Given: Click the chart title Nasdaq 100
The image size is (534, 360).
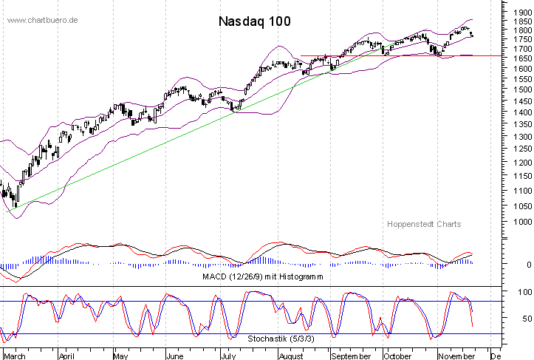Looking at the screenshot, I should (x=254, y=21).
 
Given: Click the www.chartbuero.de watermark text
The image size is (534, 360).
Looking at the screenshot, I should (x=43, y=19).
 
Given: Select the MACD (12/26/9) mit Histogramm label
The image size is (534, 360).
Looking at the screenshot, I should (x=262, y=276).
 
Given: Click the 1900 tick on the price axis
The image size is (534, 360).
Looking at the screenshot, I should (x=518, y=12).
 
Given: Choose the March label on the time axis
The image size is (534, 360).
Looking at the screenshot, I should (x=15, y=356).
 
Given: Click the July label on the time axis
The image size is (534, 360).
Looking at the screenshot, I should (x=228, y=356).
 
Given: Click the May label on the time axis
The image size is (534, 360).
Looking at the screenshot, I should (x=120, y=356).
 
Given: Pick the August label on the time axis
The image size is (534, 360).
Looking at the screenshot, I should (x=290, y=356).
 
